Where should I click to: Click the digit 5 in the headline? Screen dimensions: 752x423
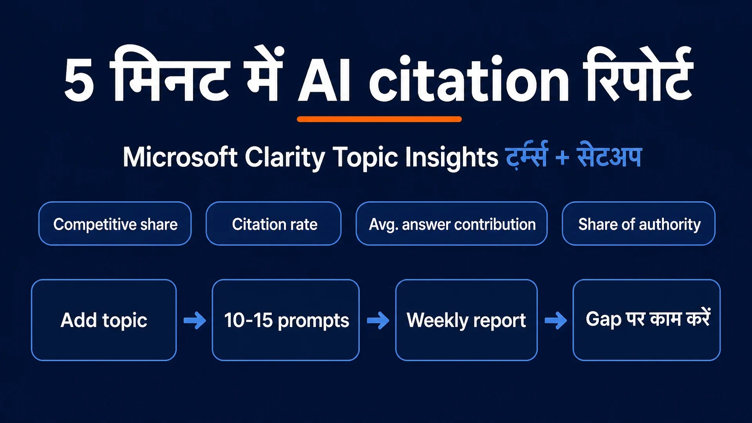pyautogui.click(x=79, y=80)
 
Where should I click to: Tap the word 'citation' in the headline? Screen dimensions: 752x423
pyautogui.click(x=468, y=78)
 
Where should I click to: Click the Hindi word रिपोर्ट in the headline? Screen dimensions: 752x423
pyautogui.click(x=638, y=74)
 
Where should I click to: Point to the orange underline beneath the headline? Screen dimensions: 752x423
pyautogui.click(x=379, y=119)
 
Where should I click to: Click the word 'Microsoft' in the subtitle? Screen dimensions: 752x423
pyautogui.click(x=180, y=157)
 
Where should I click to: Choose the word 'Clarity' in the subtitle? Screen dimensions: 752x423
pyautogui.click(x=285, y=158)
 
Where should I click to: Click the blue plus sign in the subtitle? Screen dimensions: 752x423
pyautogui.click(x=562, y=158)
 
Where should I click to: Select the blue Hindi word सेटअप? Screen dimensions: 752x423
pyautogui.click(x=609, y=155)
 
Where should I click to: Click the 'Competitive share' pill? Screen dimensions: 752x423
pyautogui.click(x=115, y=224)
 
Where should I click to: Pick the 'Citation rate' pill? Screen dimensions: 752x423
pyautogui.click(x=273, y=224)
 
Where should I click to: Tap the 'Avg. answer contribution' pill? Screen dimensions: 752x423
pyautogui.click(x=452, y=224)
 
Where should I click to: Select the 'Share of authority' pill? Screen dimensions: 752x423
pyautogui.click(x=638, y=224)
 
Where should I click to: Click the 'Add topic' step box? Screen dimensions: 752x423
pyautogui.click(x=104, y=320)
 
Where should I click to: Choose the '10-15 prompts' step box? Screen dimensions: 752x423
pyautogui.click(x=286, y=320)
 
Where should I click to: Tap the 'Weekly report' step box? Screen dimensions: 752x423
pyautogui.click(x=466, y=320)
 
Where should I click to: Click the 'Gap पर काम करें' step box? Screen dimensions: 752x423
pyautogui.click(x=647, y=320)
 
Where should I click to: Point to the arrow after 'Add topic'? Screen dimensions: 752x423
pyautogui.click(x=195, y=320)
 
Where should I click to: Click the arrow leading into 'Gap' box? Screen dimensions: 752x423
pyautogui.click(x=556, y=320)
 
